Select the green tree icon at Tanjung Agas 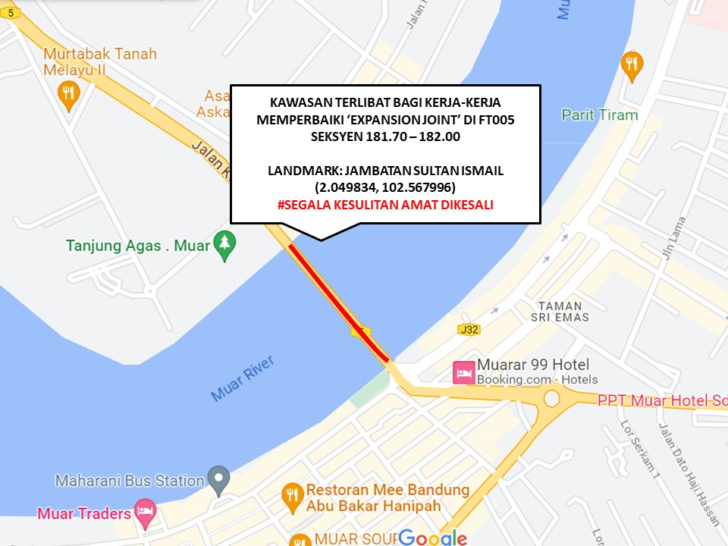pos(224,245)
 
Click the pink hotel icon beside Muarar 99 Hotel pos(463,372)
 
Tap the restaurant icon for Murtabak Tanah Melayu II pos(68,94)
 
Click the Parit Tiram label pos(599,115)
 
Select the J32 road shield pos(470,329)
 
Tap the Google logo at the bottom pos(432,538)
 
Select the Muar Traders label pos(84,513)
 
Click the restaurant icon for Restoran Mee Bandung pos(292,497)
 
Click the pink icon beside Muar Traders pos(144,510)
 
